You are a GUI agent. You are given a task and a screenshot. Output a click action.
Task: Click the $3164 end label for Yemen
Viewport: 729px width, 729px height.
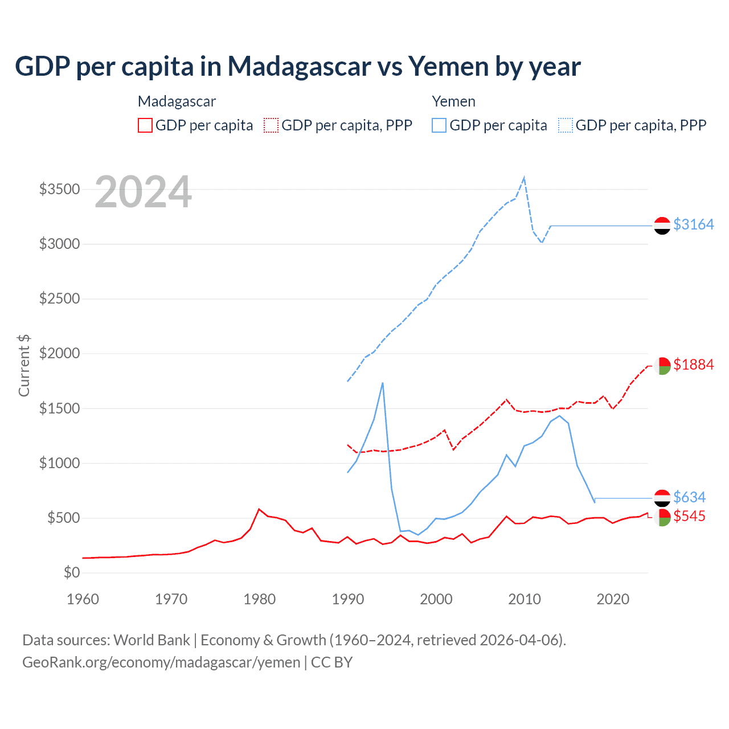point(693,224)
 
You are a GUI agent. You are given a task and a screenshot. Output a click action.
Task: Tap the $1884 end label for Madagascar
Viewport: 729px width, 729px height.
point(693,364)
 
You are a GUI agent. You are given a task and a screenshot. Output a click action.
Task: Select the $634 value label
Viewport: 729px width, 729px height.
point(689,497)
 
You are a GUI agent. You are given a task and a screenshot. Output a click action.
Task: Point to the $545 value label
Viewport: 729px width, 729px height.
point(689,516)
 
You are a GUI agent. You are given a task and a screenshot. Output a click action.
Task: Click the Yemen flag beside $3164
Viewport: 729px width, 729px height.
point(662,226)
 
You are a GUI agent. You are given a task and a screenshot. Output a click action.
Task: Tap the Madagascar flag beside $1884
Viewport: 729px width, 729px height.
point(662,366)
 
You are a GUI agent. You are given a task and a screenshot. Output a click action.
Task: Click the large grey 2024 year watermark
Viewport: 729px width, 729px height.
point(143,192)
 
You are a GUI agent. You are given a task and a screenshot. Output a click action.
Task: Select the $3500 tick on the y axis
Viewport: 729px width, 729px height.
point(59,189)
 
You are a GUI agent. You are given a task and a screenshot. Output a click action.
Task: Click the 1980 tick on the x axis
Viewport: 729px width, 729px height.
point(260,599)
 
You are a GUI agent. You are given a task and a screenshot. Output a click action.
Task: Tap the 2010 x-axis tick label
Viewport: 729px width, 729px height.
point(525,599)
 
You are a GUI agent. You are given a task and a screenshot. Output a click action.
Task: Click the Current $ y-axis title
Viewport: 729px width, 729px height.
point(24,365)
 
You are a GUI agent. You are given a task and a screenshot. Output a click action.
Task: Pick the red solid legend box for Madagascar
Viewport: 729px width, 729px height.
point(145,125)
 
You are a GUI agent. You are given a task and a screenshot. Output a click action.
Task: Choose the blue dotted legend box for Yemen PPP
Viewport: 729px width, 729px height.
point(566,125)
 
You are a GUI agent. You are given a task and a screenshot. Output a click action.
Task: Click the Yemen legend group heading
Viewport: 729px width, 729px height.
point(453,101)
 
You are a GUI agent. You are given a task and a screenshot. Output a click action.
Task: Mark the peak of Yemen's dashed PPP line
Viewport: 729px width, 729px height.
point(524,178)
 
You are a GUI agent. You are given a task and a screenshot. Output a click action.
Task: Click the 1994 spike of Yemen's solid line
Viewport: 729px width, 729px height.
point(383,383)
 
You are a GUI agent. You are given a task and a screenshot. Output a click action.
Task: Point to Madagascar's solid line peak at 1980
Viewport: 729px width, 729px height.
point(259,509)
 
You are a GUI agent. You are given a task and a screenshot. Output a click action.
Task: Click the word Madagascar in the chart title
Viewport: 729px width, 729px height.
point(299,66)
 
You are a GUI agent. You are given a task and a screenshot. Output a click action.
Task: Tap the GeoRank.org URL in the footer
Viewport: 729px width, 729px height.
point(161,662)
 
